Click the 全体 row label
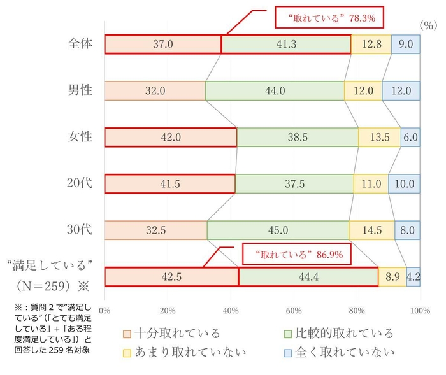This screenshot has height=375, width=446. point(80,44)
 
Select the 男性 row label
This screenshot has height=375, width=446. point(80,90)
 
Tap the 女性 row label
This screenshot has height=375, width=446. point(80,137)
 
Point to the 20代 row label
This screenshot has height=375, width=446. point(80,183)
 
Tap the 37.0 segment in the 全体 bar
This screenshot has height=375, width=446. point(163,44)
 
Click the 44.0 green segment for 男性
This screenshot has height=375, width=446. point(275,90)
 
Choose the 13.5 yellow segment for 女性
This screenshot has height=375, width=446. point(379,137)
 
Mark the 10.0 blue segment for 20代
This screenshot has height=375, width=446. point(404,183)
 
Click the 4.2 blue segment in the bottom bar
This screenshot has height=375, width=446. point(413,277)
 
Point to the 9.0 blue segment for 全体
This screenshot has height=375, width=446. point(406,44)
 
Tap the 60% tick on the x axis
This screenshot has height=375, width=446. point(293,311)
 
